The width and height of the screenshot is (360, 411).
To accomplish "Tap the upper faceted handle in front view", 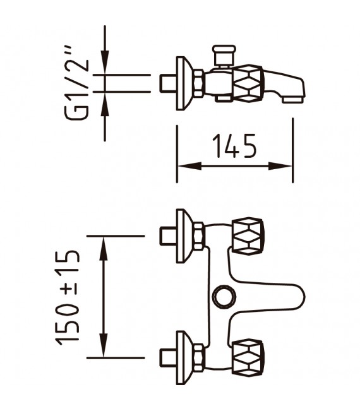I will click(247, 235).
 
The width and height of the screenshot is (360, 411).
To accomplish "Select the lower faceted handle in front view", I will click(247, 357).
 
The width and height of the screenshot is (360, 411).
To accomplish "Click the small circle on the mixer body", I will click(223, 295).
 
